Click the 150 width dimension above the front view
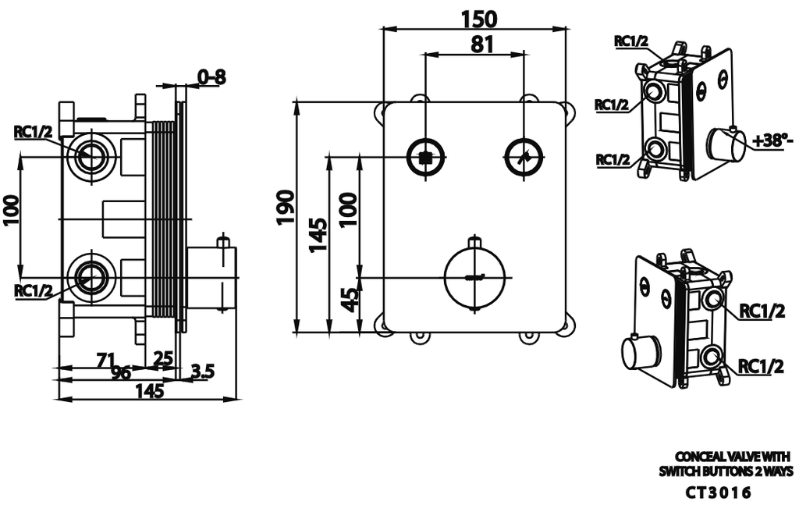click(x=474, y=17)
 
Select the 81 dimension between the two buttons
click(x=482, y=44)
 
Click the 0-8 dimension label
click(x=211, y=76)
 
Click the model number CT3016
click(x=718, y=493)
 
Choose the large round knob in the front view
click(x=474, y=277)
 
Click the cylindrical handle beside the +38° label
click(x=726, y=147)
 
